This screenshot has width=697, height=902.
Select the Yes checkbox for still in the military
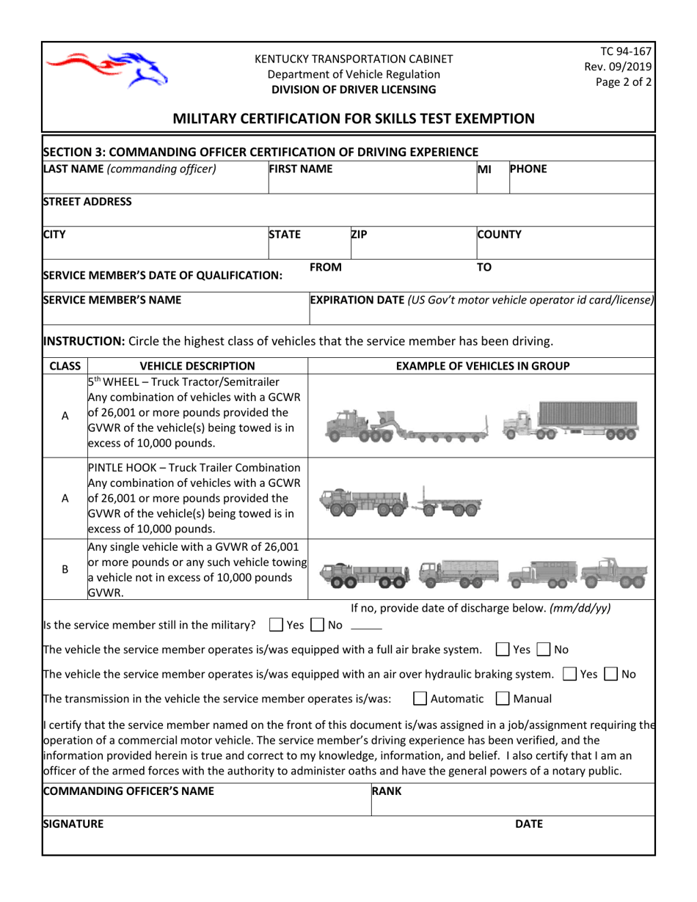click(x=276, y=625)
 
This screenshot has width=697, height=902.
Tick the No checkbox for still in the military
click(x=318, y=625)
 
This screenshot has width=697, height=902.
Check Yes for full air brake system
click(x=503, y=649)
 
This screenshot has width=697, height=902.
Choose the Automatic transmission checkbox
click(x=420, y=698)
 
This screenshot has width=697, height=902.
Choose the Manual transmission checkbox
click(x=503, y=698)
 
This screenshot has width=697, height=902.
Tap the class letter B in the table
click(x=65, y=568)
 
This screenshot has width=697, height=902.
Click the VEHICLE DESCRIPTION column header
click(x=197, y=365)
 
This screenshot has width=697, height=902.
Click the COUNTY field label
click(x=499, y=235)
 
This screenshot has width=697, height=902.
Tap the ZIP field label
click(x=359, y=235)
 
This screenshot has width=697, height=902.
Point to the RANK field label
click(x=387, y=791)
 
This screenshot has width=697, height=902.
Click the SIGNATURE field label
click(x=73, y=824)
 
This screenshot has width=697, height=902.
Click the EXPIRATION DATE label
click(x=357, y=299)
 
